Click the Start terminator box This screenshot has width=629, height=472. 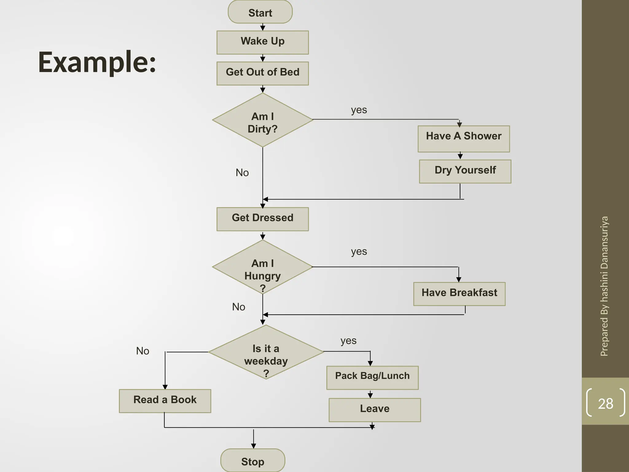[x=260, y=12]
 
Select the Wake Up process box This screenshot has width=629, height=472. [x=263, y=42]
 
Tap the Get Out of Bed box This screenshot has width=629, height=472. [x=263, y=73]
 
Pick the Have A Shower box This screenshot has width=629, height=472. [x=463, y=138]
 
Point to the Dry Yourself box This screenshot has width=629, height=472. [x=465, y=171]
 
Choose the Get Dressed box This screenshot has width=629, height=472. [x=263, y=219]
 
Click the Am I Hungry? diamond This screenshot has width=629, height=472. [x=263, y=267]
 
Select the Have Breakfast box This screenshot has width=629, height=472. [x=459, y=293]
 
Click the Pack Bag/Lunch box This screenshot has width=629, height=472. [x=372, y=377]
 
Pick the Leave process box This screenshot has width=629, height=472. [x=375, y=410]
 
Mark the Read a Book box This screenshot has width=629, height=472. [x=165, y=401]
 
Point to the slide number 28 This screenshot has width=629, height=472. [x=605, y=403]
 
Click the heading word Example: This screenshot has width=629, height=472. [x=97, y=62]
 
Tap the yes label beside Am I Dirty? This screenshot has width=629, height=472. [x=359, y=110]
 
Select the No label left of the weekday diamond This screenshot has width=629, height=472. [x=143, y=351]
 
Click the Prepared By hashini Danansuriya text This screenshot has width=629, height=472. [x=604, y=286]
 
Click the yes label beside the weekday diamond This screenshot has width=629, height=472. [x=348, y=341]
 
